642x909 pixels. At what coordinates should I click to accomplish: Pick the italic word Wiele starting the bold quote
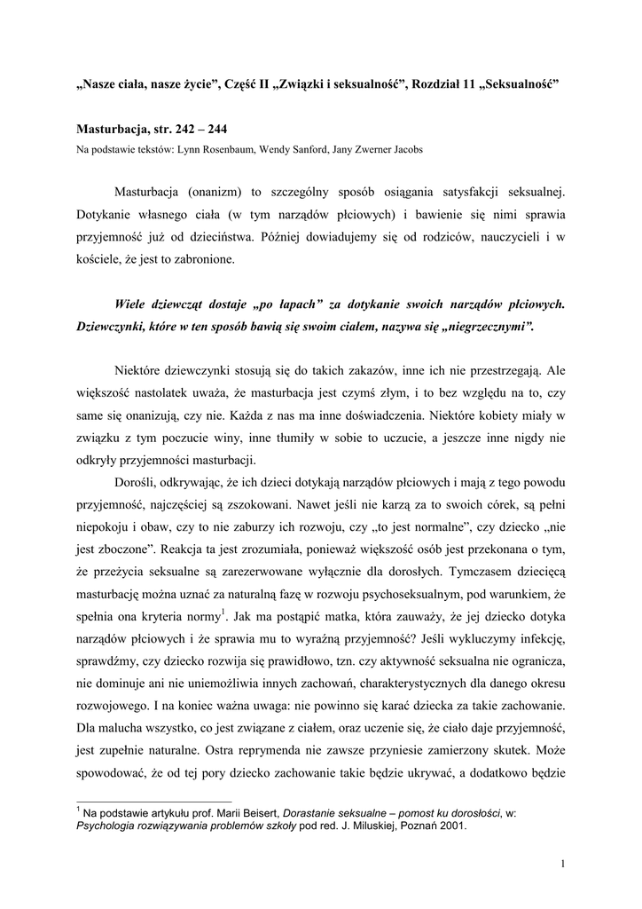click(x=133, y=304)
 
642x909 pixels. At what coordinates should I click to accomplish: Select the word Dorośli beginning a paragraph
click(x=137, y=482)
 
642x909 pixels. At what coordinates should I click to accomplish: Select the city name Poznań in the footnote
click(x=411, y=823)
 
